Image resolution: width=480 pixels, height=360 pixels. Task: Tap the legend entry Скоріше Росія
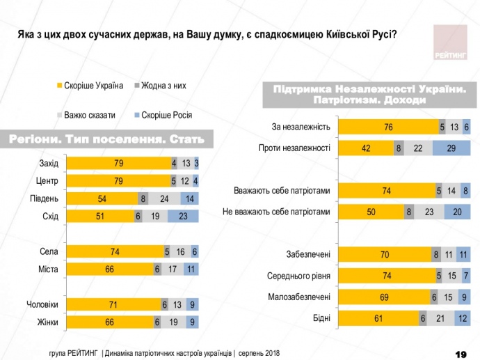tap(166, 116)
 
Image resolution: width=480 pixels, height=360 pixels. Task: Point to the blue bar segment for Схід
tap(183, 216)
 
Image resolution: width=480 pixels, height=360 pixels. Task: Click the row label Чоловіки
tap(42, 304)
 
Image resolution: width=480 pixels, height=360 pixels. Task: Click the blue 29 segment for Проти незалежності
tap(451, 148)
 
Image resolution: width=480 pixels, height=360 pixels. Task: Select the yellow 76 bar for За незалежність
tap(388, 127)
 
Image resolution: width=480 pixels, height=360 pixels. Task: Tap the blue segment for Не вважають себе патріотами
tap(456, 212)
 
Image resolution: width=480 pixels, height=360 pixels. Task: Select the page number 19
tap(459, 353)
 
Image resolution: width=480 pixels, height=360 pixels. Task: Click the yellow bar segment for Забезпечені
tap(384, 254)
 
